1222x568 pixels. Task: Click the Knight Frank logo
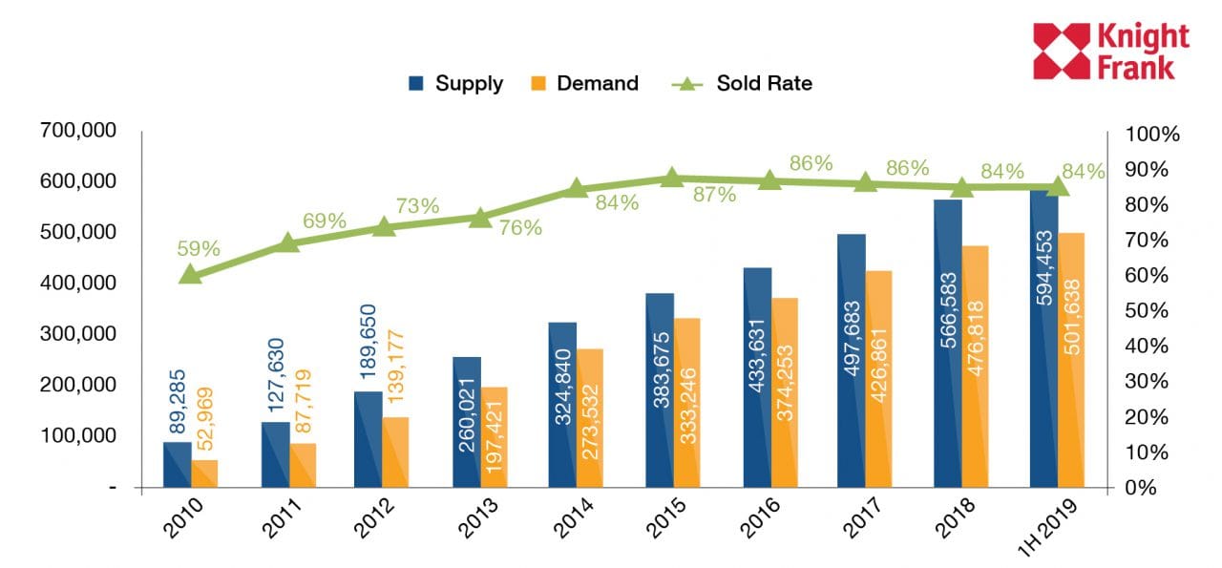pyautogui.click(x=1111, y=51)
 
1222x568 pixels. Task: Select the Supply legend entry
pyautogui.click(x=455, y=83)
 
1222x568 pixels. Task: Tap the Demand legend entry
pyautogui.click(x=583, y=83)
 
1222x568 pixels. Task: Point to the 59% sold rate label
pyautogui.click(x=199, y=249)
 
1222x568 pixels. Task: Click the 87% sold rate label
pyautogui.click(x=714, y=195)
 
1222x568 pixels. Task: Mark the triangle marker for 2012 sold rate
pyautogui.click(x=384, y=226)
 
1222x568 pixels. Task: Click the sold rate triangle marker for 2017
pyautogui.click(x=865, y=181)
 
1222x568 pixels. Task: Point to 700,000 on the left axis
pyautogui.click(x=78, y=130)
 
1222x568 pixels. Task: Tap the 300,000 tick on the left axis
pyautogui.click(x=78, y=334)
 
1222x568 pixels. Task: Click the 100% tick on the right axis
pyautogui.click(x=1152, y=134)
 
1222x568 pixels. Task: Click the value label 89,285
pyautogui.click(x=178, y=402)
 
